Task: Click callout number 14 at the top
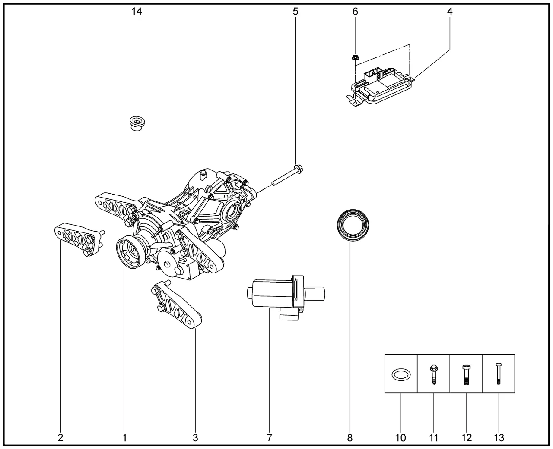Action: (x=137, y=12)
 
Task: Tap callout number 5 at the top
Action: (x=296, y=12)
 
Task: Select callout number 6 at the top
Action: (x=355, y=12)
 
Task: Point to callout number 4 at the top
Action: (x=450, y=12)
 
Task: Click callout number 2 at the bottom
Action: (x=60, y=438)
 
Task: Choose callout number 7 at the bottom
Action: (x=269, y=438)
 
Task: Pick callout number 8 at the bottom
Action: (x=350, y=438)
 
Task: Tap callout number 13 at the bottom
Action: (x=499, y=438)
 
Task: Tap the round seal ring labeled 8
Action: (x=354, y=225)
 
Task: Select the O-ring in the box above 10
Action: (x=401, y=374)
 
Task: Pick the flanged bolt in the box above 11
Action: (x=433, y=374)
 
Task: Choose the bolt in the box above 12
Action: (x=466, y=374)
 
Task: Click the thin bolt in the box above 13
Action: (x=499, y=374)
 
